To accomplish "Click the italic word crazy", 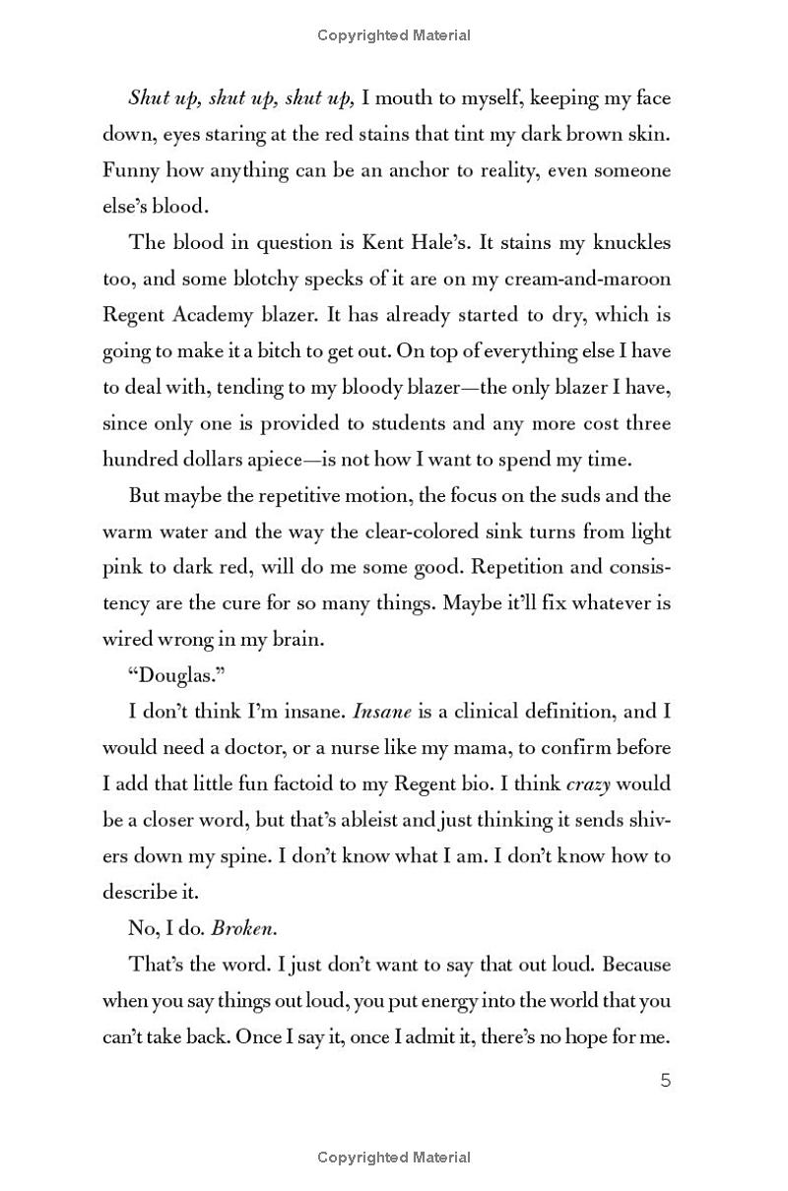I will (x=590, y=784).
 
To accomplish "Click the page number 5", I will (x=665, y=1081).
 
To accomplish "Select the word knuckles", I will (x=627, y=242).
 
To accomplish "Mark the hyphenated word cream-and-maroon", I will (x=574, y=279).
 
